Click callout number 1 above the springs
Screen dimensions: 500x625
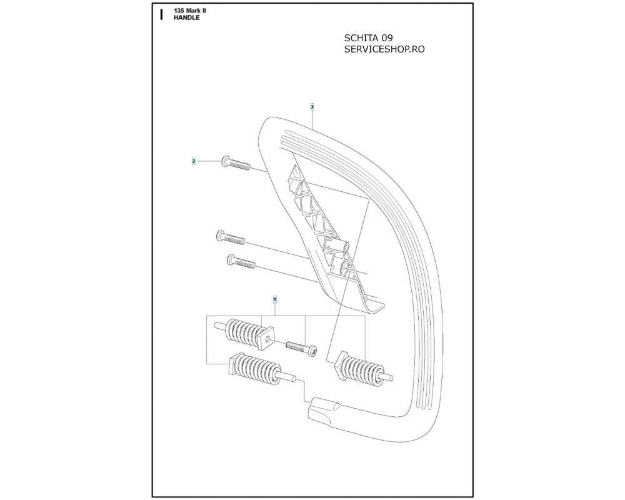point(274,300)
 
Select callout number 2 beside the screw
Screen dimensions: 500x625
point(194,161)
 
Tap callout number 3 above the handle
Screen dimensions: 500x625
point(312,107)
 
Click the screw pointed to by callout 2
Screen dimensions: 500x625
point(236,164)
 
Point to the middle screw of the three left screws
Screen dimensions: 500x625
point(230,237)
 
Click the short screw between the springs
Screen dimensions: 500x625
point(302,348)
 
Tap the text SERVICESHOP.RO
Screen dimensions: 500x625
point(384,49)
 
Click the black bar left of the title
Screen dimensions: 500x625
point(161,14)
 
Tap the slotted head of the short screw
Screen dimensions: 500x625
point(314,353)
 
